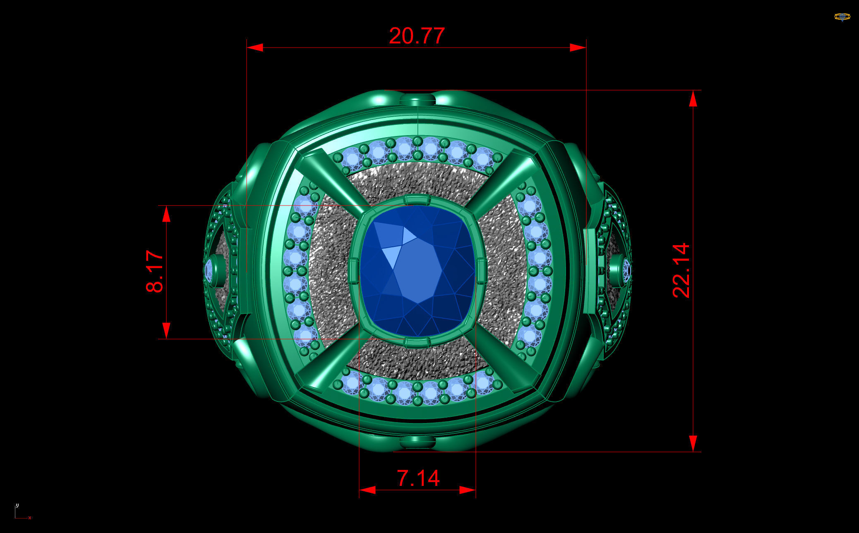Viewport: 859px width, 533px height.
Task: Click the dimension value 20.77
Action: (x=417, y=36)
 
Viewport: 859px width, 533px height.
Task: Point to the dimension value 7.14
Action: (x=418, y=478)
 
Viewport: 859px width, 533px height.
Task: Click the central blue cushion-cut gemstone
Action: (x=418, y=271)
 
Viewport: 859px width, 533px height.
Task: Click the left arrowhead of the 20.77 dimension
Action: (x=255, y=48)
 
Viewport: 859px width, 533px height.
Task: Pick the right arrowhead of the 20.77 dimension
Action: (x=578, y=48)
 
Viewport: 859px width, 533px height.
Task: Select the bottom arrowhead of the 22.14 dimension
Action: (x=693, y=443)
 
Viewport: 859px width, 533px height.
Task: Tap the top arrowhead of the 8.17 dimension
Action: (x=166, y=214)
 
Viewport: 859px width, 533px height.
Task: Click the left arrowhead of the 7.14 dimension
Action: (x=367, y=490)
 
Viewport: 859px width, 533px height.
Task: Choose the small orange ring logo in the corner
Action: (x=842, y=17)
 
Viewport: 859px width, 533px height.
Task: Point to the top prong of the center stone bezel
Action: (x=417, y=201)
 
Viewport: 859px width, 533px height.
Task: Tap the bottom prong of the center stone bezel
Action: (x=417, y=342)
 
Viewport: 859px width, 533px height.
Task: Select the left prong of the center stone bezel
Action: (x=354, y=271)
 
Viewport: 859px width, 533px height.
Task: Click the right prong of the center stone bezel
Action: (x=481, y=271)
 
